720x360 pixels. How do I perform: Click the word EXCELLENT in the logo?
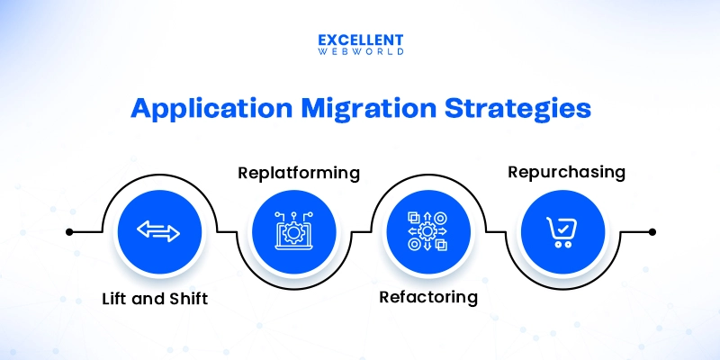(x=360, y=40)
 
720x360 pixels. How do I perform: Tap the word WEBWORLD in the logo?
(x=360, y=54)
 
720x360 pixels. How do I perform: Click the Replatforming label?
(x=297, y=171)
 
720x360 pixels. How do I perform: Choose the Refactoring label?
(x=427, y=296)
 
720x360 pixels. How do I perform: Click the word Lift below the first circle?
(x=115, y=298)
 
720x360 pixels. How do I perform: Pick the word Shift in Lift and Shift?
(x=186, y=298)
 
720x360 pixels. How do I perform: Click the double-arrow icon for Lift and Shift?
(x=158, y=231)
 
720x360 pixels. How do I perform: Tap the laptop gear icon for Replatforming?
(x=292, y=231)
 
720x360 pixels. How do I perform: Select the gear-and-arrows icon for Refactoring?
(x=427, y=231)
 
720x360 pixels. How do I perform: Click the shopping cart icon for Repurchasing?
(x=562, y=231)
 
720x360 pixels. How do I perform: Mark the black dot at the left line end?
(x=69, y=231)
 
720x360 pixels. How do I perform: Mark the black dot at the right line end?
(x=652, y=231)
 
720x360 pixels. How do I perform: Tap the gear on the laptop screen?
(x=292, y=233)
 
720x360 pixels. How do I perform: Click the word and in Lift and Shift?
(x=149, y=298)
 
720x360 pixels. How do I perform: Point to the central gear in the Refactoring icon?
(x=427, y=231)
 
